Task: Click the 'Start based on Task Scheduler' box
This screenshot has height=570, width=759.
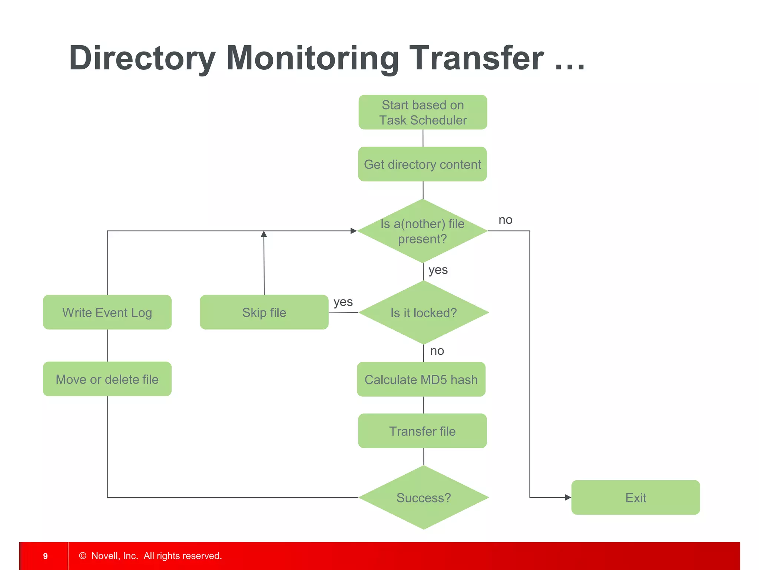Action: [422, 112]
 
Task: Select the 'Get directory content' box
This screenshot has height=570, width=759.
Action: [422, 164]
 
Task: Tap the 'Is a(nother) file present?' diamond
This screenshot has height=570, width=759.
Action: [422, 231]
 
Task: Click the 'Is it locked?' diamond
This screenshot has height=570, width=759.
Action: [424, 312]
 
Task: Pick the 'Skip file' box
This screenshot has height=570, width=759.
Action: [264, 312]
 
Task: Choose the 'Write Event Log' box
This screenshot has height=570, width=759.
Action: [107, 312]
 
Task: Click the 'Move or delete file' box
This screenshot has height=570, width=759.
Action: [107, 379]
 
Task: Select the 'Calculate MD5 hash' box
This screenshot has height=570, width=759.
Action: [421, 379]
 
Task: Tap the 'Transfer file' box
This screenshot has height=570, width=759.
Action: [422, 431]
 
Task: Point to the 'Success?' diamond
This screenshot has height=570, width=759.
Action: [424, 497]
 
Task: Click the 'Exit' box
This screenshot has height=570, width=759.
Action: [636, 497]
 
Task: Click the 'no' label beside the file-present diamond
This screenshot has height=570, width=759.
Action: [505, 220]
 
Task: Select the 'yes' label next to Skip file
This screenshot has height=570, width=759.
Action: [343, 302]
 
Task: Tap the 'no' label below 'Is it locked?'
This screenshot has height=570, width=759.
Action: [437, 351]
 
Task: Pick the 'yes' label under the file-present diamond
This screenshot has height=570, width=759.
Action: [438, 270]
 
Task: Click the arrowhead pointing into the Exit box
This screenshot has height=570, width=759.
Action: [568, 497]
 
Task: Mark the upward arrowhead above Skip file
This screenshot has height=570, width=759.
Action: [264, 234]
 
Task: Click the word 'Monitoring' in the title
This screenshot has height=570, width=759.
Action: [312, 58]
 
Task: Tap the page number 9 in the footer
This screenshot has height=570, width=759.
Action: [45, 556]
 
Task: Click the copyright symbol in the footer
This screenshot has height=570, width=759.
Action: [83, 556]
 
